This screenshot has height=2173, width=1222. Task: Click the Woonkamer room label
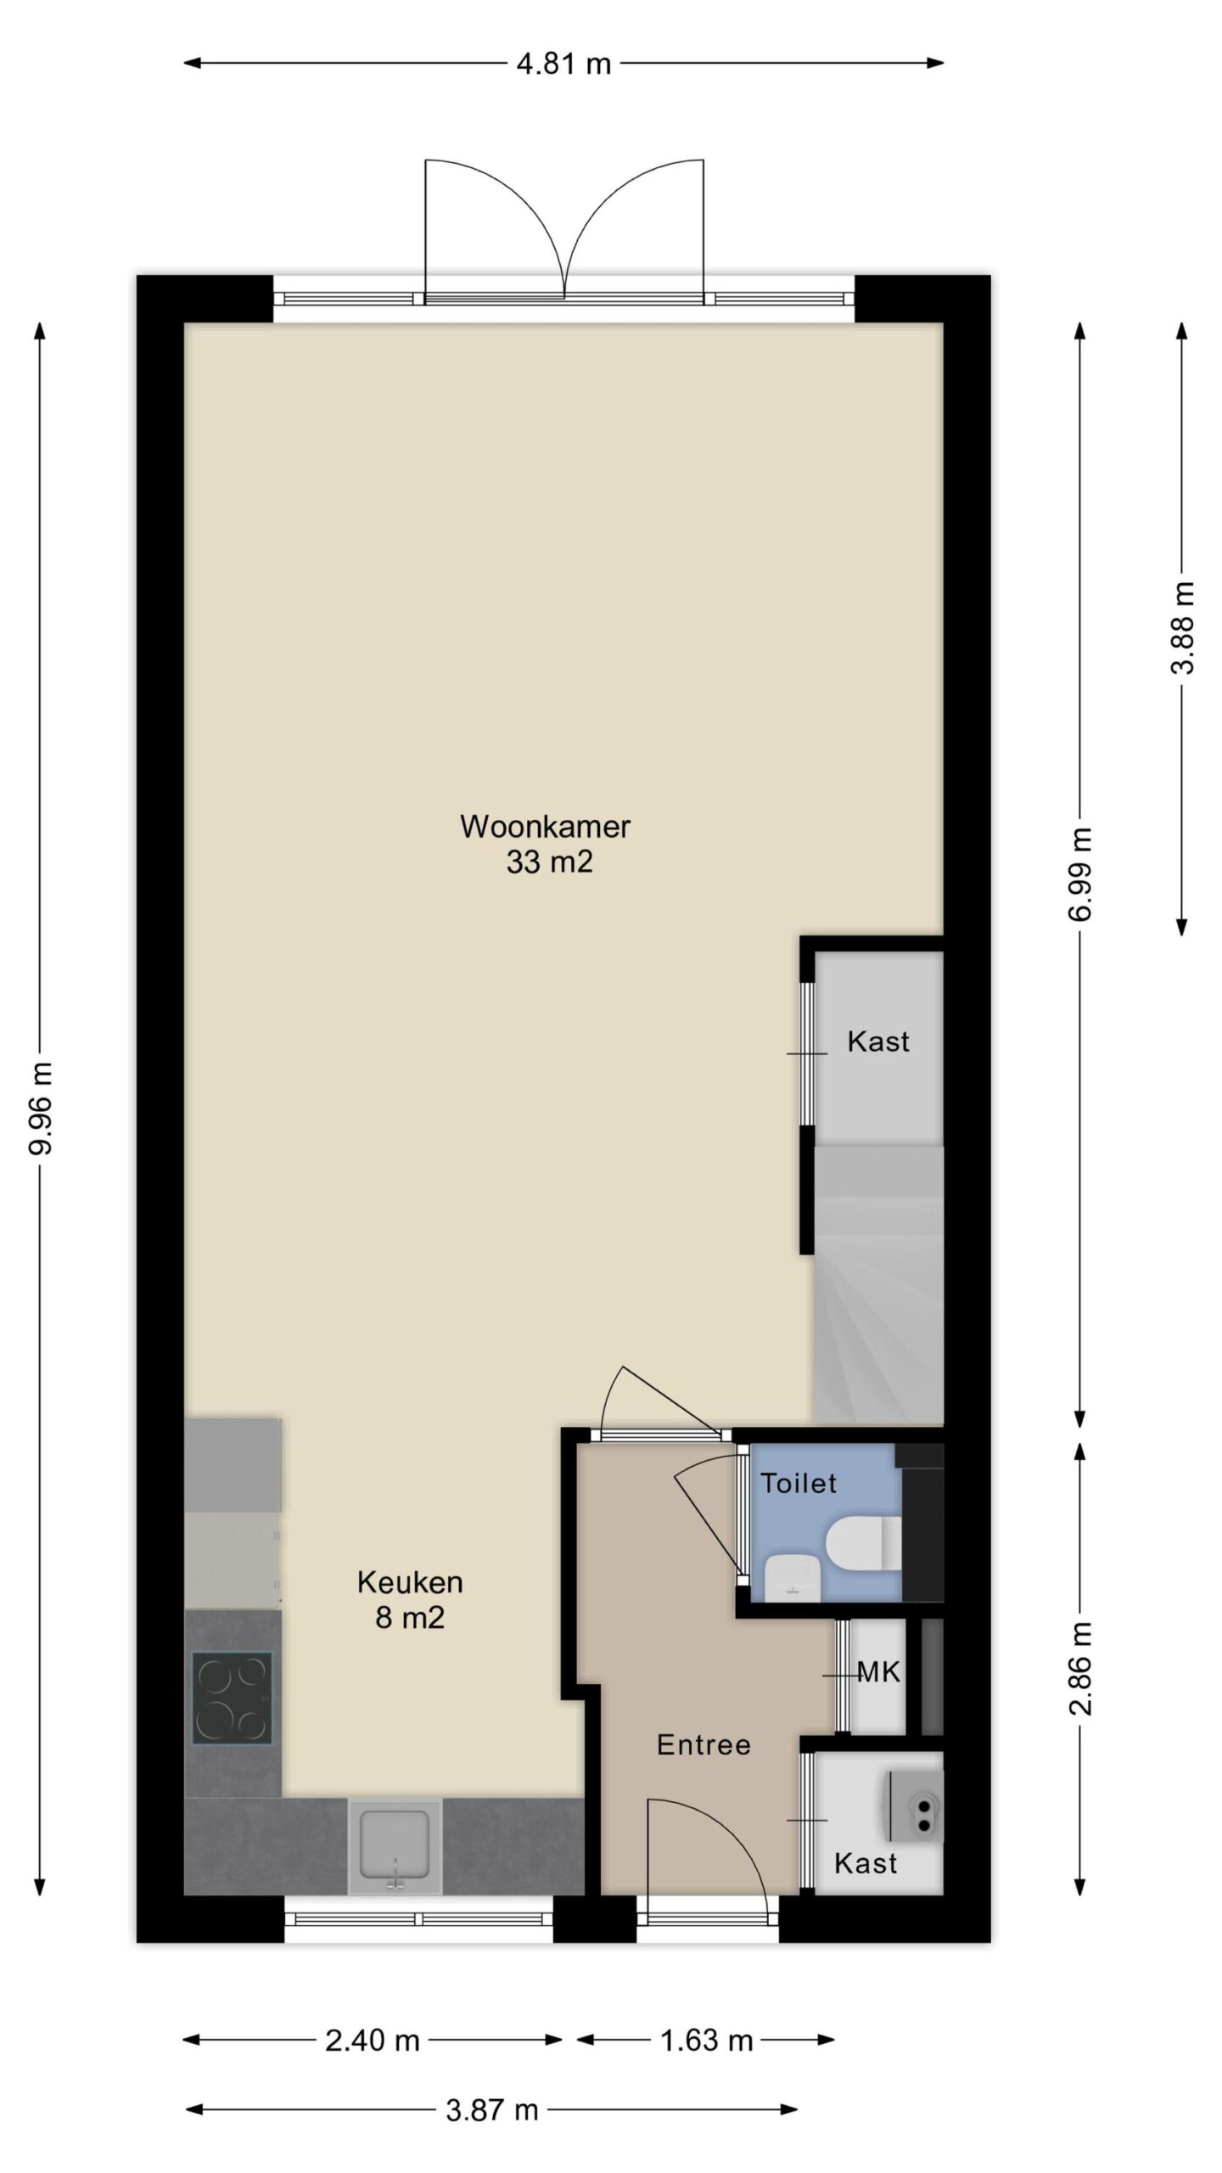[545, 827]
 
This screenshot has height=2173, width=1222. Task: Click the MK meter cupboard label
[878, 1671]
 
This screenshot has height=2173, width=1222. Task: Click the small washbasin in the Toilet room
[792, 1577]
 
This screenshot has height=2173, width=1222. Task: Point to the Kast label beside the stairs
[878, 1042]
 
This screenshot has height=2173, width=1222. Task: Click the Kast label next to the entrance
[866, 1863]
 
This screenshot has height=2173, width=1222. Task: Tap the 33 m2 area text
[549, 862]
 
